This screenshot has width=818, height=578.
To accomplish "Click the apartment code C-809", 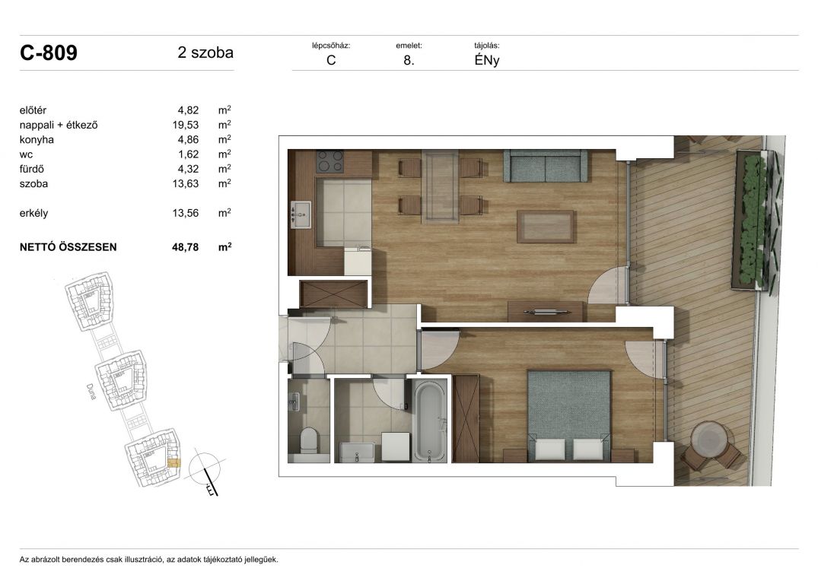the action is [49, 52].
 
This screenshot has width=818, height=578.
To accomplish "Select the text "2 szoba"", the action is [205, 52].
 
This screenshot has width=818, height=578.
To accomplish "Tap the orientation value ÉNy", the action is [487, 60].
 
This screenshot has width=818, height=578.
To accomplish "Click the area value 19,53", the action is [186, 125].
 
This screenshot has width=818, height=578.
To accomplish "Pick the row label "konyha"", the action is [37, 140].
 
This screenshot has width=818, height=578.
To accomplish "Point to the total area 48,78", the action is [185, 247].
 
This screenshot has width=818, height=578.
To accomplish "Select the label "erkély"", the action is [34, 213].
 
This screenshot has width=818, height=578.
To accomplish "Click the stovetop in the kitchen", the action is [330, 161].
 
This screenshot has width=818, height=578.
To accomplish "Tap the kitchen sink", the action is [300, 214].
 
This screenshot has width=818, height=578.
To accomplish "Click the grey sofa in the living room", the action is [545, 167].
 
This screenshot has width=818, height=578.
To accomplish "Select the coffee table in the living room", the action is [546, 226].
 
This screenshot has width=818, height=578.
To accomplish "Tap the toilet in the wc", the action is [310, 440].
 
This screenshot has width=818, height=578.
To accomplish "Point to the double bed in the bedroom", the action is [569, 415].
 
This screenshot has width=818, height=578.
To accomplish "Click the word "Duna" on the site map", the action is [91, 392].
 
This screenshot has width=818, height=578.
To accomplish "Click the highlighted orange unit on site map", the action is [173, 463].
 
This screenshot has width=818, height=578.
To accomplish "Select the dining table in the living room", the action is [441, 186].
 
